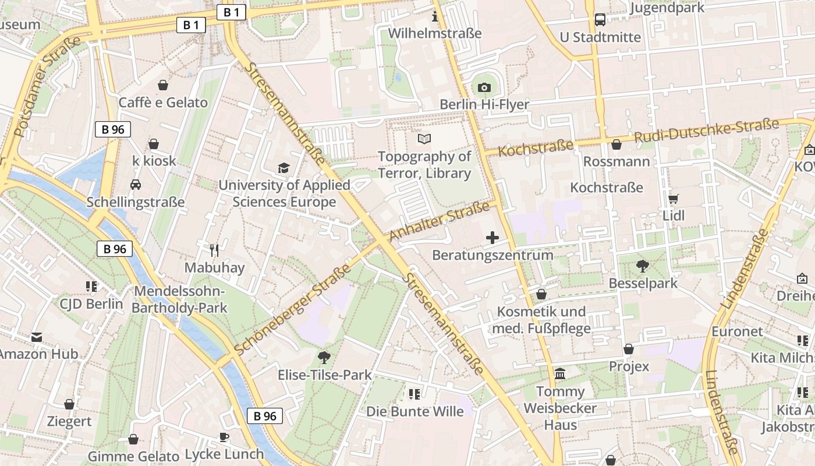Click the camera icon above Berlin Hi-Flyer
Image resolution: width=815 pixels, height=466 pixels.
[484, 88]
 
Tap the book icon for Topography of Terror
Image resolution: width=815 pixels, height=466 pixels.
[424, 139]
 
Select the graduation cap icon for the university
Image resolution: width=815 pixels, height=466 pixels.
[284, 168]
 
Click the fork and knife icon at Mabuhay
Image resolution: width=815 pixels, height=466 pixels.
[214, 250]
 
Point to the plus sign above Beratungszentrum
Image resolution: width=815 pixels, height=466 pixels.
[492, 237]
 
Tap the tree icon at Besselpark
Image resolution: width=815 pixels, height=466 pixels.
[643, 266]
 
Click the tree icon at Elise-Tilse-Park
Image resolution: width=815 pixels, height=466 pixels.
[324, 357]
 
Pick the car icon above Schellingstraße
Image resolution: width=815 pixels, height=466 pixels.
[136, 185]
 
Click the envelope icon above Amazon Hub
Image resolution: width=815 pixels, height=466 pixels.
[37, 337]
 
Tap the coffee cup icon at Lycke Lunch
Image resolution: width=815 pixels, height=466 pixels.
[224, 437]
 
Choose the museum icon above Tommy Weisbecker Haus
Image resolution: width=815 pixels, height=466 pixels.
[560, 373]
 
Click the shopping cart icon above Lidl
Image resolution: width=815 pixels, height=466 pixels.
[674, 199]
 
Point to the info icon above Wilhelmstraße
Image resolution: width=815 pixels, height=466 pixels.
[434, 16]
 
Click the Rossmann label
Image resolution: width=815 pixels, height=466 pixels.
[616, 161]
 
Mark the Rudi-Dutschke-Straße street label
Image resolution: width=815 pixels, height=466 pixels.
[706, 132]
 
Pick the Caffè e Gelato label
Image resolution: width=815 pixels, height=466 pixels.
[163, 103]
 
